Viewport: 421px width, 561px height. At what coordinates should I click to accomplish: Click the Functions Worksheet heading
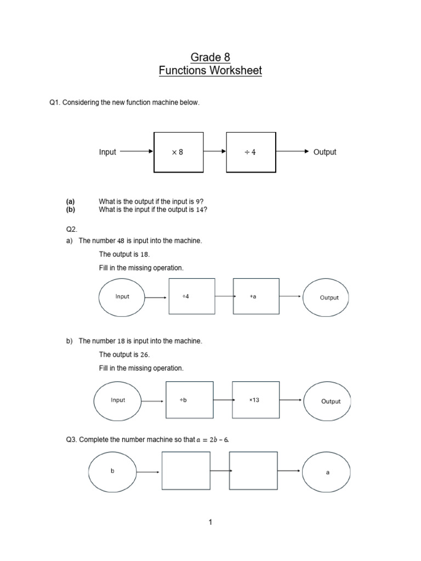(210, 71)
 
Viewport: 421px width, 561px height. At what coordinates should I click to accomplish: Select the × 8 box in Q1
(178, 152)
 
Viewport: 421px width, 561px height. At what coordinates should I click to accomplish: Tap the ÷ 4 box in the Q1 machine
(250, 152)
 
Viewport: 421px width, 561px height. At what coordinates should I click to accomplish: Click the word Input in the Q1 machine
(107, 152)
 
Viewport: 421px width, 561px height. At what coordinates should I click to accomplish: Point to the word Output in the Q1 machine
(325, 152)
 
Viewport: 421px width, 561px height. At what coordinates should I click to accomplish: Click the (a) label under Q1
(70, 202)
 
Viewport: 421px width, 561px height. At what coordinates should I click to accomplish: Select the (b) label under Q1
(70, 209)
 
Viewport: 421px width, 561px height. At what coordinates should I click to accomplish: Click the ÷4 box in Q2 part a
(191, 297)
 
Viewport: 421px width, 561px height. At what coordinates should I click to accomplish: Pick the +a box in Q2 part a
(256, 297)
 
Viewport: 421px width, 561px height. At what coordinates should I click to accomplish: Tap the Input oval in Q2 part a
(122, 297)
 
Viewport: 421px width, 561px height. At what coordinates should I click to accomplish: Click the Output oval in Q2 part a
(329, 297)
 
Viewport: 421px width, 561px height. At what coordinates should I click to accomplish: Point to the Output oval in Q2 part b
(331, 401)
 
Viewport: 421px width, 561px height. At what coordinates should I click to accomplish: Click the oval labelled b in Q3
(112, 472)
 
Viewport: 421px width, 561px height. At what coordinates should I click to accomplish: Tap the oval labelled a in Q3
(327, 472)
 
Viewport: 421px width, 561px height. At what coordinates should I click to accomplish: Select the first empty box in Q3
(185, 471)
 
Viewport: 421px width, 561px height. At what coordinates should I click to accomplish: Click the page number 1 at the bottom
(210, 523)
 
